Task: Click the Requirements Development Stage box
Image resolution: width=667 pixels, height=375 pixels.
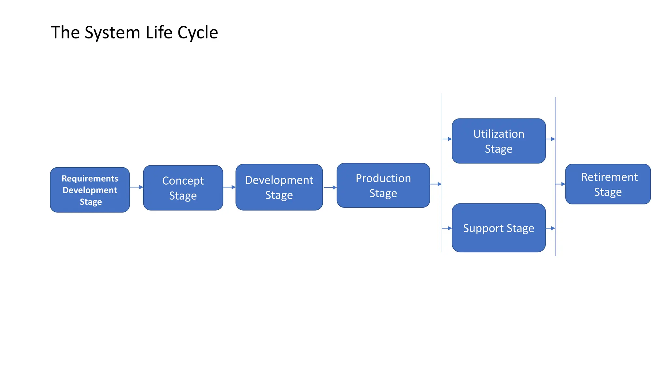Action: (x=90, y=190)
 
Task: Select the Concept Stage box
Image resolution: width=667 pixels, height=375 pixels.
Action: (x=183, y=188)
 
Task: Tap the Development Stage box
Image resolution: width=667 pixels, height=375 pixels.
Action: (x=279, y=187)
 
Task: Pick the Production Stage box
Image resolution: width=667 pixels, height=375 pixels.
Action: (x=383, y=185)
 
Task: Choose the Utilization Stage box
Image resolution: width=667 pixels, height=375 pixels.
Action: (x=498, y=141)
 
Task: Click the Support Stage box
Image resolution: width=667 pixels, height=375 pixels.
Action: (x=498, y=228)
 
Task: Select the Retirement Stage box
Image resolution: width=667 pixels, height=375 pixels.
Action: (x=608, y=184)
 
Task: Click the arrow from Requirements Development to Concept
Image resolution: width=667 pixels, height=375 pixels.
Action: (x=136, y=187)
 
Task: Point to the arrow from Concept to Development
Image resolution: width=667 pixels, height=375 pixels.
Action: (x=229, y=187)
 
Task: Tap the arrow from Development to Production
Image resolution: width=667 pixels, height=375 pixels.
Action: (x=330, y=187)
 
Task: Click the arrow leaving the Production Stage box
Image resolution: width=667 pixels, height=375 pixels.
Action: (x=436, y=184)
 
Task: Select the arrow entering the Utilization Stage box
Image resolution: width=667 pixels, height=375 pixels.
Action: (x=447, y=139)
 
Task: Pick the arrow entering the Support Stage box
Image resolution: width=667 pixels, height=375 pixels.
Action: (x=447, y=229)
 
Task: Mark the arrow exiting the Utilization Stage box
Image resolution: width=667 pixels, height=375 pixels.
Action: (x=550, y=139)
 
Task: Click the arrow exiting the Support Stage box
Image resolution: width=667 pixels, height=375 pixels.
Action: (x=550, y=229)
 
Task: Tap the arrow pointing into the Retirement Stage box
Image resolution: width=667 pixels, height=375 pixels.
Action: (x=561, y=184)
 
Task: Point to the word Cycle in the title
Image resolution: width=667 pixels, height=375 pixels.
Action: (x=198, y=33)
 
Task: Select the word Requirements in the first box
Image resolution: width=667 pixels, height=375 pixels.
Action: (x=90, y=178)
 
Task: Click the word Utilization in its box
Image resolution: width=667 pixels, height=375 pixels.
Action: (x=498, y=134)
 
